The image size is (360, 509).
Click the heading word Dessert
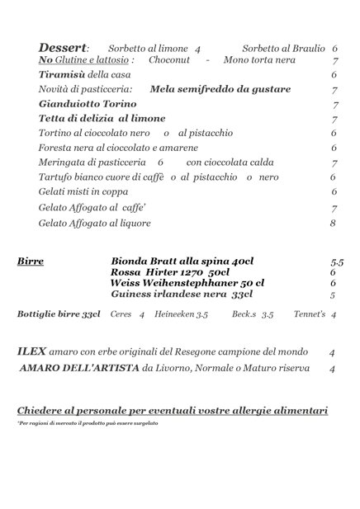pyautogui.click(x=62, y=48)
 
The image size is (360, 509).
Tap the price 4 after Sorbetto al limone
pyautogui.click(x=198, y=49)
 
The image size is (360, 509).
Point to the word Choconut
pyautogui.click(x=169, y=60)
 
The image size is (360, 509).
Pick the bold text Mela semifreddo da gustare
pyautogui.click(x=220, y=89)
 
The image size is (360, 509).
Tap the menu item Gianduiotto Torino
pyautogui.click(x=88, y=104)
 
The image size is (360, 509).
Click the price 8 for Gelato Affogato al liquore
pyautogui.click(x=333, y=223)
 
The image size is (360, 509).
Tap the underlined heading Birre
pyautogui.click(x=31, y=262)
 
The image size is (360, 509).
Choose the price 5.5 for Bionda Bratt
pyautogui.click(x=336, y=262)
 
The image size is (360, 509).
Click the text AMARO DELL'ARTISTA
pyautogui.click(x=79, y=368)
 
